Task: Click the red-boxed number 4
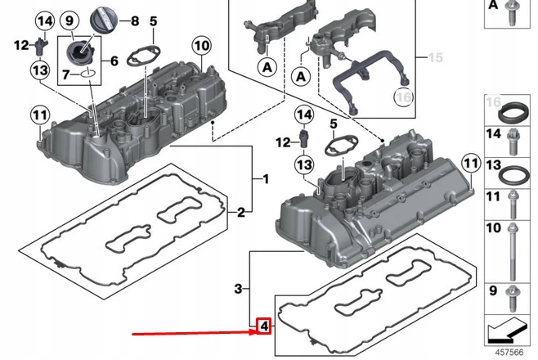[x=263, y=327]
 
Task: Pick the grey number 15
[x=435, y=57]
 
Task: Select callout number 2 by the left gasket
[x=240, y=214]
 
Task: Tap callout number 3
[x=238, y=289]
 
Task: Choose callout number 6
[x=114, y=60]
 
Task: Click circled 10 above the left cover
[x=201, y=44]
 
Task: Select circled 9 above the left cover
[x=69, y=20]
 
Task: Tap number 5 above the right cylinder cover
[x=333, y=123]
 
